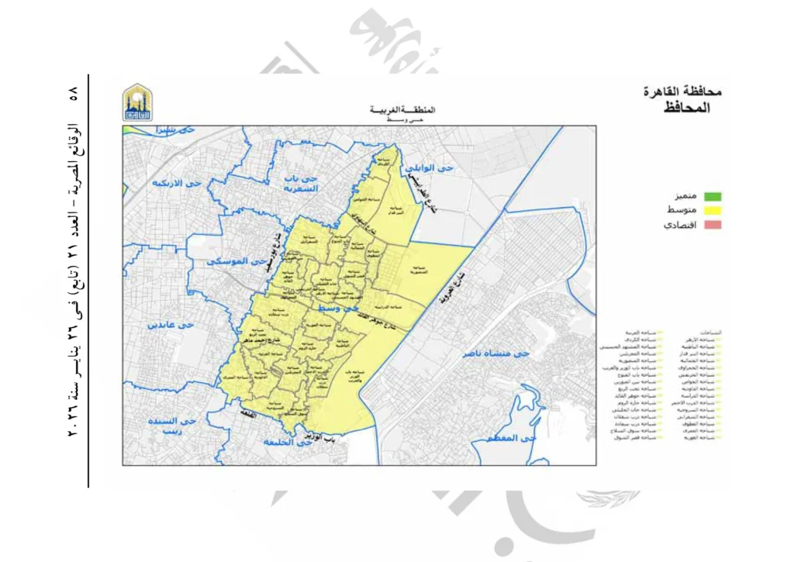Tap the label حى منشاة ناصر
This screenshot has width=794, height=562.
pos(496,353)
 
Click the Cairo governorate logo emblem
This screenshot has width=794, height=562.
pos(138,102)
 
